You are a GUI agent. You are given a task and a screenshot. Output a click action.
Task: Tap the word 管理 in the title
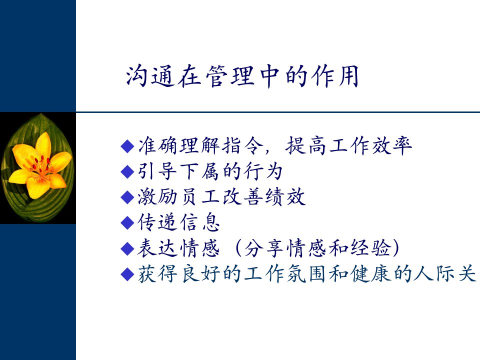[x=230, y=76]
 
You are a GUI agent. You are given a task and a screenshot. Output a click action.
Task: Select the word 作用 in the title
[x=334, y=76]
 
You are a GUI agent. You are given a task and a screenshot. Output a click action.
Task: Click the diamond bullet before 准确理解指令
[x=127, y=146]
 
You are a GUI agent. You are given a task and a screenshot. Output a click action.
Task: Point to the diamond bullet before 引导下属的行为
[x=127, y=171]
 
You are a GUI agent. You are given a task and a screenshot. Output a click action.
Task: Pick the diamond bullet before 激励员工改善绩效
[x=127, y=197]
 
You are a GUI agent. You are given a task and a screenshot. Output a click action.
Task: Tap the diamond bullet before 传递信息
[x=127, y=222]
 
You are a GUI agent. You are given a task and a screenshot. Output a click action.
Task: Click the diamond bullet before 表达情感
[x=127, y=248]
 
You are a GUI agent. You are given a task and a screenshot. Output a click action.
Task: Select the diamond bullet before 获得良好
[x=127, y=274]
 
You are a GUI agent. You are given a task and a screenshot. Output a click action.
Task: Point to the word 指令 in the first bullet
[x=242, y=145]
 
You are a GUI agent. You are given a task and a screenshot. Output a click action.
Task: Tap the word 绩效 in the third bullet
[x=285, y=197]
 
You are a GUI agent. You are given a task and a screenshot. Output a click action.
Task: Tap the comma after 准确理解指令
[x=267, y=151]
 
